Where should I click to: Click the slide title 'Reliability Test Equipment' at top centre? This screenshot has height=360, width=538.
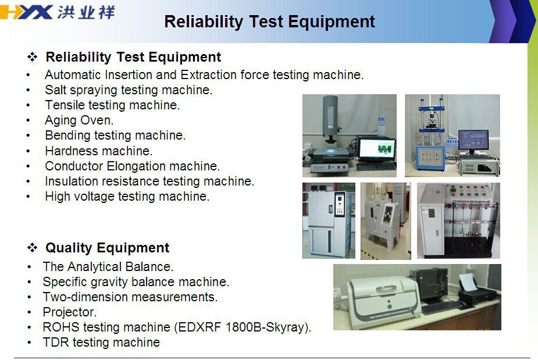pyautogui.click(x=269, y=22)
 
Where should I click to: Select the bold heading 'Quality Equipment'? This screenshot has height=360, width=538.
pyautogui.click(x=107, y=248)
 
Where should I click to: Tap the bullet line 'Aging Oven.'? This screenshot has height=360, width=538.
pyautogui.click(x=79, y=120)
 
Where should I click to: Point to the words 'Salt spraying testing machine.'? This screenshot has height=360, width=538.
pyautogui.click(x=129, y=90)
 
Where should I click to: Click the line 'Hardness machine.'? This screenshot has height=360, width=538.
pyautogui.click(x=98, y=151)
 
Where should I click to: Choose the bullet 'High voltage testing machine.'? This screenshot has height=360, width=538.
pyautogui.click(x=127, y=197)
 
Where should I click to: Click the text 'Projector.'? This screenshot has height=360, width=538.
pyautogui.click(x=69, y=312)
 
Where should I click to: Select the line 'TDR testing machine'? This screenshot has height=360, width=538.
pyautogui.click(x=101, y=343)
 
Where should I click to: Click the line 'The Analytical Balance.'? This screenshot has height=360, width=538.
pyautogui.click(x=108, y=267)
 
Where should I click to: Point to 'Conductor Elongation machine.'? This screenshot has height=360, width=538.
pyautogui.click(x=132, y=166)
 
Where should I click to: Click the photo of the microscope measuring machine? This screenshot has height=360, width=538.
pyautogui.click(x=349, y=136)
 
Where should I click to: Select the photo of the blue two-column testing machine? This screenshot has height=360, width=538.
pyautogui.click(x=452, y=136)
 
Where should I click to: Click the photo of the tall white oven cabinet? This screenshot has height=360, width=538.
pyautogui.click(x=329, y=220)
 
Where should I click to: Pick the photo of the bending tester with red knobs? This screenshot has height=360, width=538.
pyautogui.click(x=458, y=220)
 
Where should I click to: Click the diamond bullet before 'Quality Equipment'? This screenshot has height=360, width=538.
pyautogui.click(x=32, y=248)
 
